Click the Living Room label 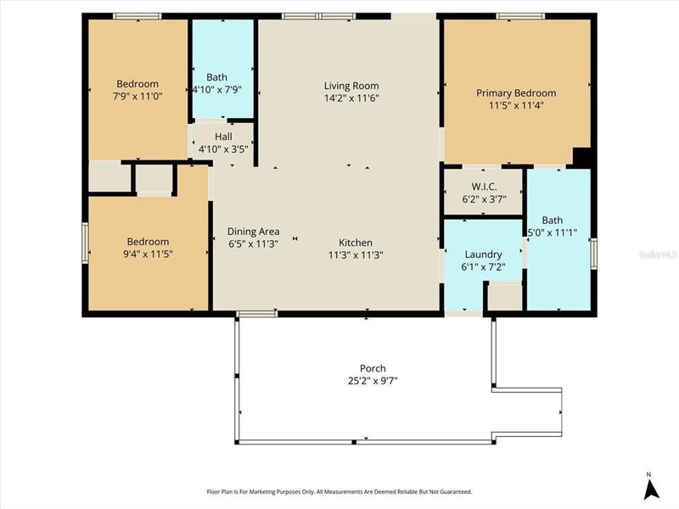point(351,86)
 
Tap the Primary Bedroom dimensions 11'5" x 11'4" point(515,106)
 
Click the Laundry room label point(483,255)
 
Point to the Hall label point(222,136)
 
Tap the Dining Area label point(253,231)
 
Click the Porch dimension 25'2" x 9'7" point(373,381)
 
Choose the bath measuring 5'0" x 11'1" point(558,238)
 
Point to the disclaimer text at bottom point(339,491)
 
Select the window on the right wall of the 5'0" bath point(593,252)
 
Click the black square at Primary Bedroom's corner point(582,159)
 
